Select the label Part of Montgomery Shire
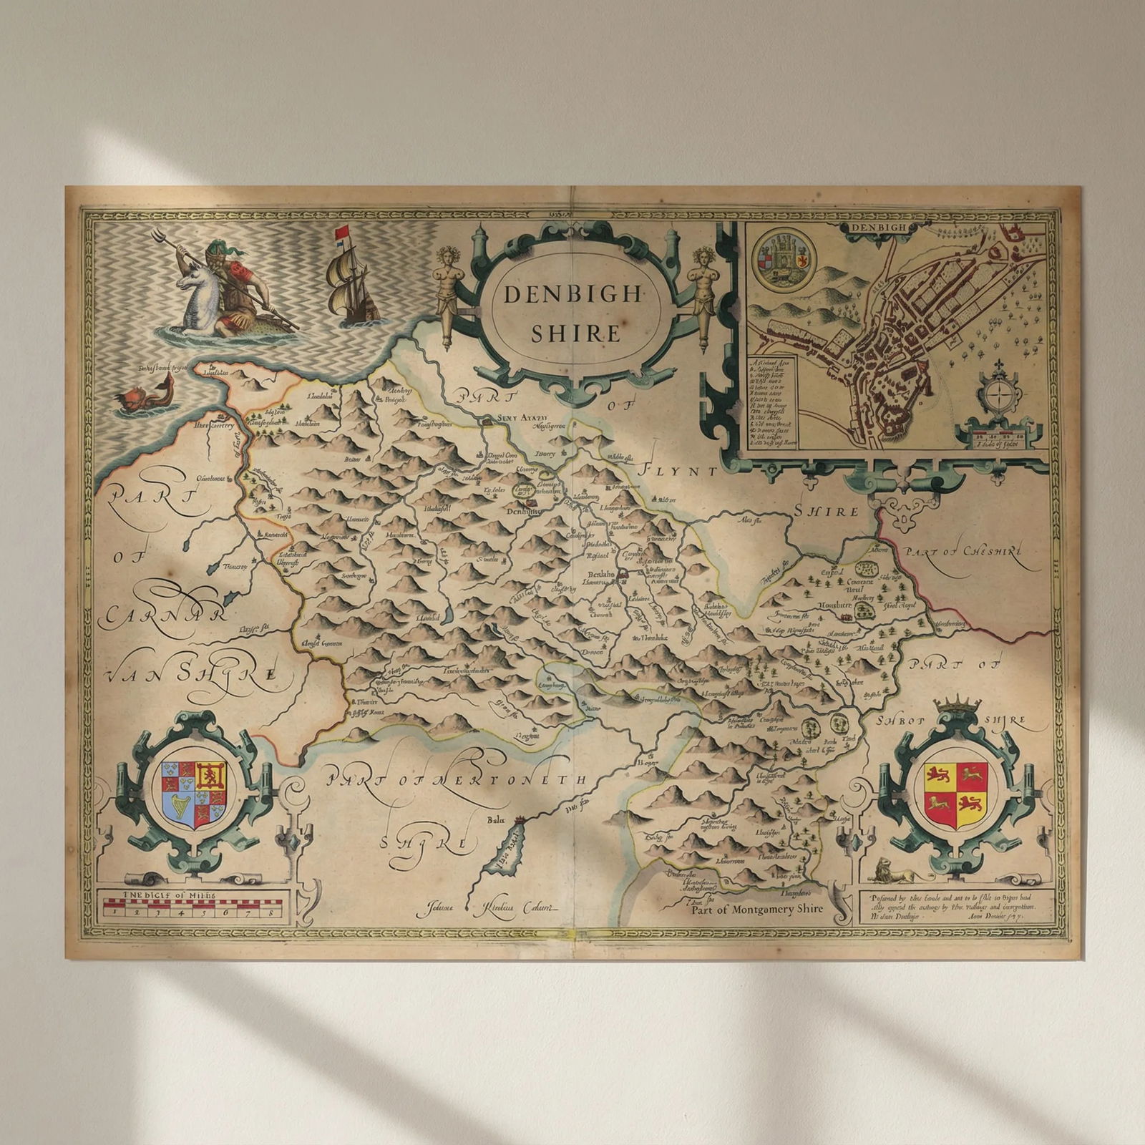(756, 908)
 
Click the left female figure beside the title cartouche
(447, 293)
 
